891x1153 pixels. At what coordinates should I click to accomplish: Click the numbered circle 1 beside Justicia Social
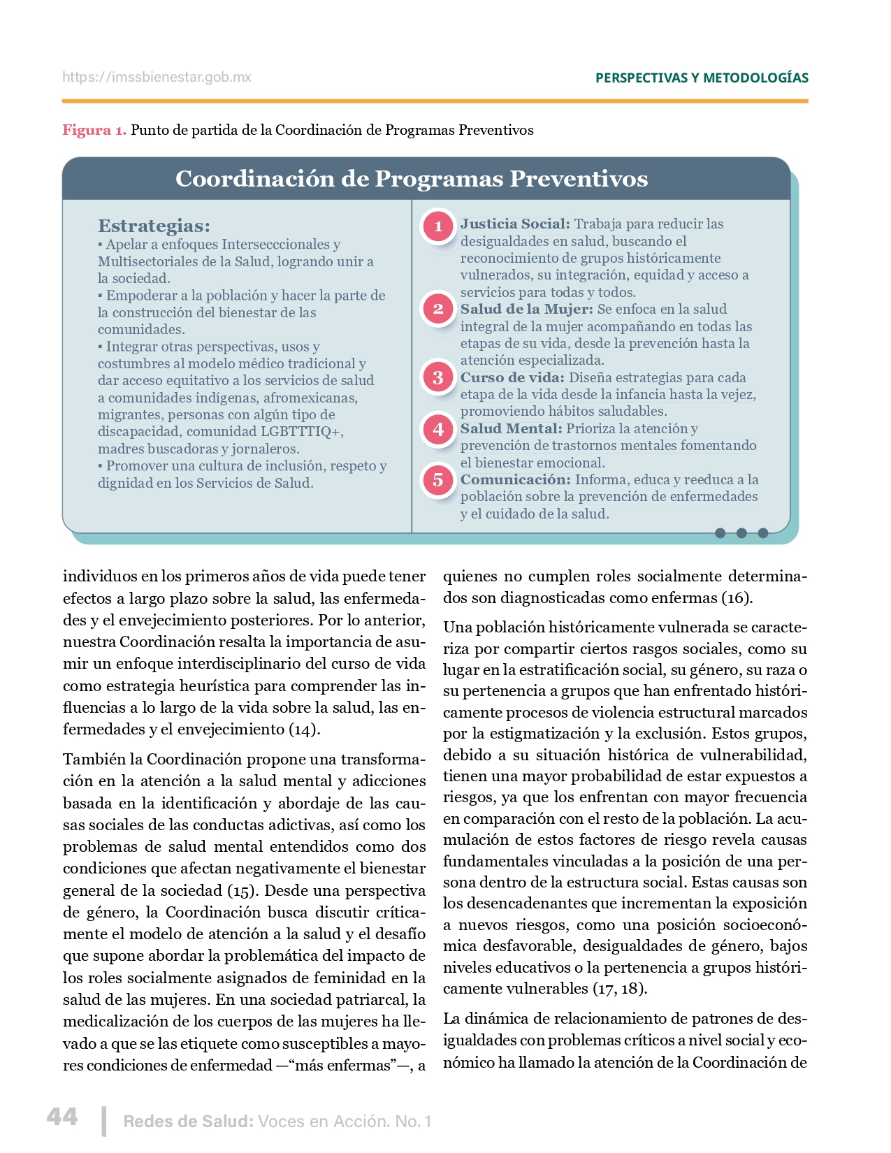pyautogui.click(x=438, y=226)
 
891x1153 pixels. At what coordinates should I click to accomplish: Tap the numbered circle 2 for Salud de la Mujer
pyautogui.click(x=438, y=309)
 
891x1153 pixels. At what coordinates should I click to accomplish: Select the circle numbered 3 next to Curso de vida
pyautogui.click(x=438, y=377)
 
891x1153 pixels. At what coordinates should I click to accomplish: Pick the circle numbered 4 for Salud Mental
pyautogui.click(x=438, y=429)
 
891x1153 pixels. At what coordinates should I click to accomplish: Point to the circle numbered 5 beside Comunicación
pyautogui.click(x=438, y=480)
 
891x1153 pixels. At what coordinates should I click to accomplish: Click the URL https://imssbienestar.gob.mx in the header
pyautogui.click(x=157, y=78)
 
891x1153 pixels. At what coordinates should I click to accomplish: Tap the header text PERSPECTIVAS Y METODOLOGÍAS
pyautogui.click(x=702, y=78)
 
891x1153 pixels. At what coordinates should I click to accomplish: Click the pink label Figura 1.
pyautogui.click(x=94, y=130)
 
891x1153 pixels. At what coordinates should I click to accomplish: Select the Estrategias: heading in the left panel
pyautogui.click(x=154, y=226)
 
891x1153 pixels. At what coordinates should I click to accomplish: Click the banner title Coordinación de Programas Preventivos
pyautogui.click(x=412, y=179)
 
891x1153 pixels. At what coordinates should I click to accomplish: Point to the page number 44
pyautogui.click(x=62, y=1116)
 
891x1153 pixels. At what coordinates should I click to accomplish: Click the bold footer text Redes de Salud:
pyautogui.click(x=188, y=1122)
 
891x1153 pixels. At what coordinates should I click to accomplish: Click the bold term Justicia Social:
pyautogui.click(x=515, y=224)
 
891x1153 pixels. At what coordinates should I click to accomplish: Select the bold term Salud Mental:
pyautogui.click(x=511, y=429)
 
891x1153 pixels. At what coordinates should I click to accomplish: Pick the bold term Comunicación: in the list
pyautogui.click(x=515, y=480)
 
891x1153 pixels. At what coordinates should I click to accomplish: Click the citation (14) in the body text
pyautogui.click(x=305, y=730)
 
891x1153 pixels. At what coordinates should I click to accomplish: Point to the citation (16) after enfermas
pyautogui.click(x=737, y=598)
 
